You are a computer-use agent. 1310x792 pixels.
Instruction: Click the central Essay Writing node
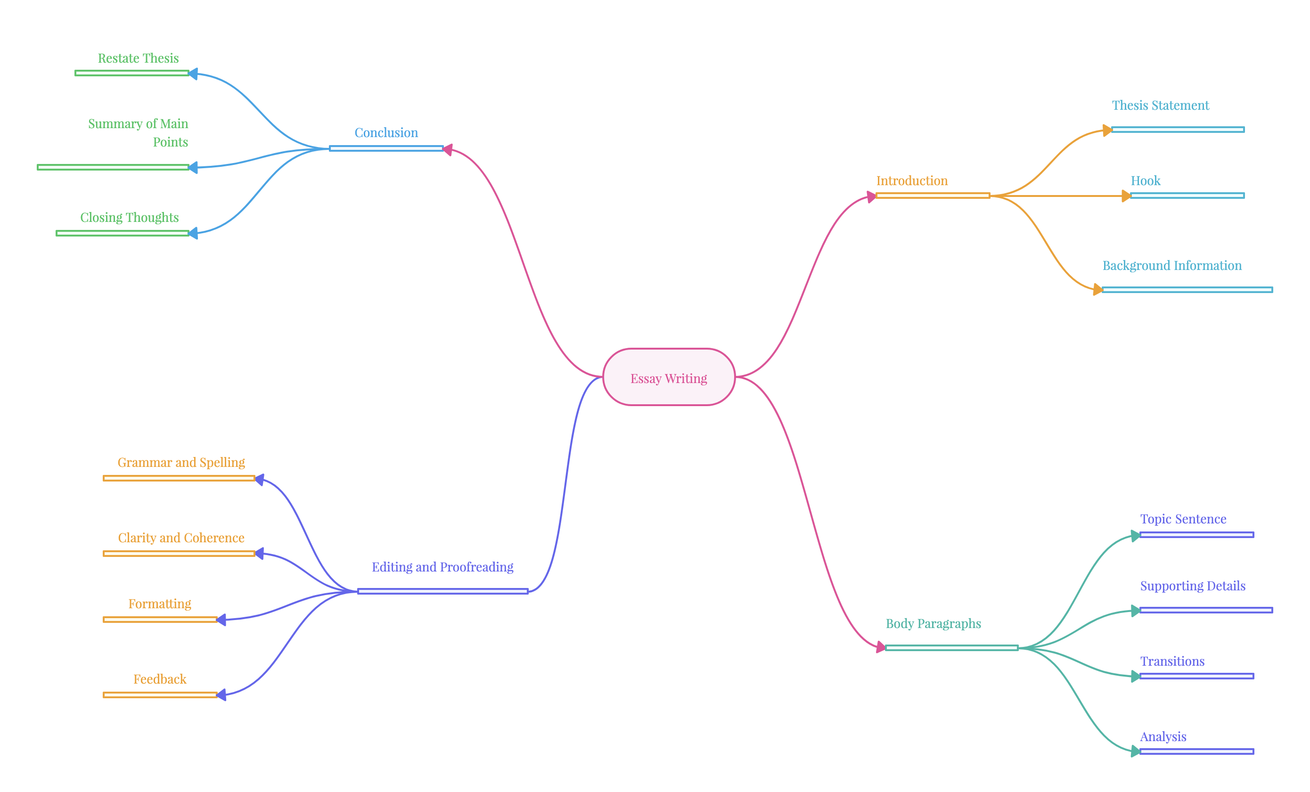[669, 377]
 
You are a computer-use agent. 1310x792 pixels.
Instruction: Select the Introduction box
[933, 179]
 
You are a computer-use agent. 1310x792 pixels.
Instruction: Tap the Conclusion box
[386, 132]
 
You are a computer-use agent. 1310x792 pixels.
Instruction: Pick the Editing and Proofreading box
[442, 565]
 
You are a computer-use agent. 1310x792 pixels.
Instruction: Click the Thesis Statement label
[1160, 105]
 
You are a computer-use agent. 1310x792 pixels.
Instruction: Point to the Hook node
[1187, 179]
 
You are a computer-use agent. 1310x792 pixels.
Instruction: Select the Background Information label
[1172, 265]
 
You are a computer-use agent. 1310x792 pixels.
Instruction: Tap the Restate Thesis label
[138, 58]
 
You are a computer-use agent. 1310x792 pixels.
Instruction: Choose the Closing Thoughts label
[129, 217]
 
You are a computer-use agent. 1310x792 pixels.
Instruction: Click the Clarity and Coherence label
[181, 538]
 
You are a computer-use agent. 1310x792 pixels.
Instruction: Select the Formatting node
[160, 603]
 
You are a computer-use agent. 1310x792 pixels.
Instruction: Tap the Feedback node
[160, 679]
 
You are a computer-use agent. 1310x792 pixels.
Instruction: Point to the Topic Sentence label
[1183, 519]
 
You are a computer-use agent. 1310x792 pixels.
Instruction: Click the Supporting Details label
[1193, 586]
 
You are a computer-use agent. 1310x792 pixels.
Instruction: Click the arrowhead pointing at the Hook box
[1126, 196]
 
